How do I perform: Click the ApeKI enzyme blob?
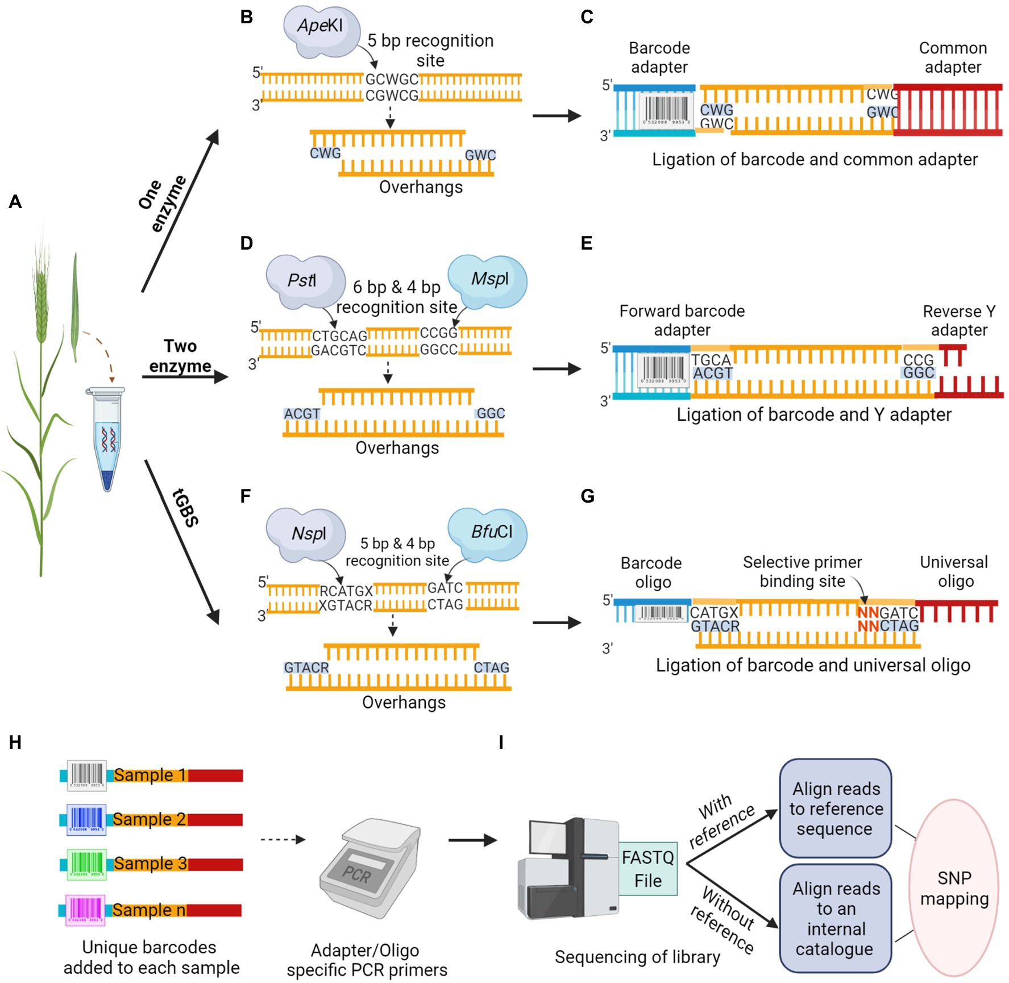click(322, 31)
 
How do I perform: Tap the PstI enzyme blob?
click(304, 281)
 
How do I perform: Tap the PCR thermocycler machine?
click(369, 867)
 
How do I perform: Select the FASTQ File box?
click(647, 869)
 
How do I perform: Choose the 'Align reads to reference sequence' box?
click(835, 808)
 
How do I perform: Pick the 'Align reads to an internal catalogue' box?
click(835, 918)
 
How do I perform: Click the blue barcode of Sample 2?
click(86, 819)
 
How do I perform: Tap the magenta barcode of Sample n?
click(85, 910)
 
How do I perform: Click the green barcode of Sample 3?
click(86, 864)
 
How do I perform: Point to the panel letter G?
click(587, 496)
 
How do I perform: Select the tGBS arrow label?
click(185, 507)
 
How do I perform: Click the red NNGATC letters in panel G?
click(868, 613)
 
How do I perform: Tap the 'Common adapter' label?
click(953, 57)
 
